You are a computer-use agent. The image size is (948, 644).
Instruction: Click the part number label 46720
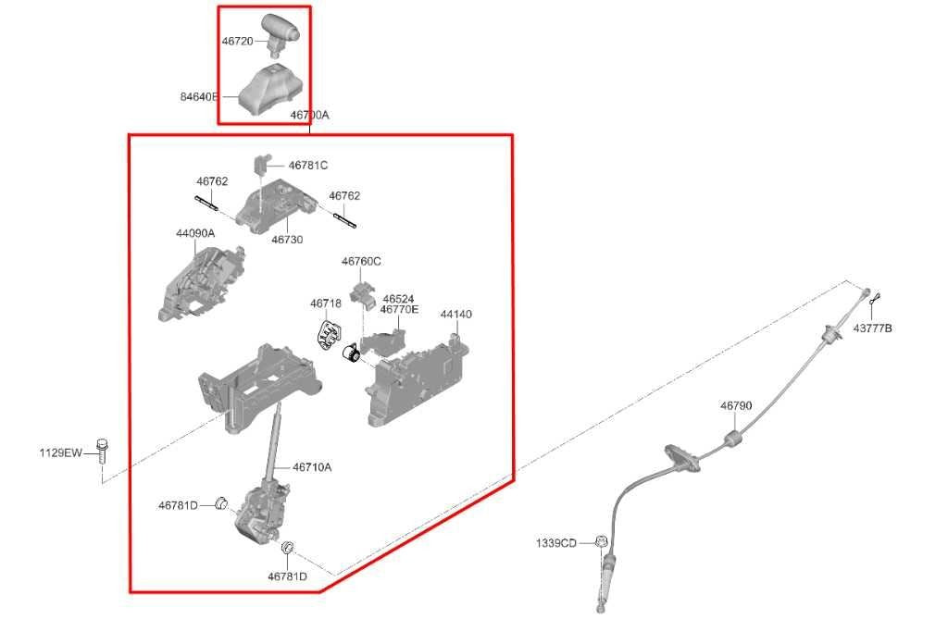click(238, 42)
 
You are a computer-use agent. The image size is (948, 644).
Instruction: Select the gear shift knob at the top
click(280, 32)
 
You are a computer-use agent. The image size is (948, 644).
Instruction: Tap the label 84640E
click(200, 96)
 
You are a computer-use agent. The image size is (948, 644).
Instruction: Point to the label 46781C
click(307, 166)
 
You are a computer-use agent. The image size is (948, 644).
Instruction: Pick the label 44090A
click(195, 233)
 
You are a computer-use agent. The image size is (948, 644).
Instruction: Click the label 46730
click(287, 240)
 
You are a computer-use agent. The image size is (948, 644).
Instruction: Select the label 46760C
click(361, 262)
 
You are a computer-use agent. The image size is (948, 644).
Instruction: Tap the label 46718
click(326, 303)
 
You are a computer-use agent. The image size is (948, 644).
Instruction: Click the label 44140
click(455, 315)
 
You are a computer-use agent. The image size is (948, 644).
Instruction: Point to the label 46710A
click(312, 467)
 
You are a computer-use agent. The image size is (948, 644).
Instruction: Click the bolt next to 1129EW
click(103, 451)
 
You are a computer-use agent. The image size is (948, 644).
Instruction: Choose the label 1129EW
click(60, 452)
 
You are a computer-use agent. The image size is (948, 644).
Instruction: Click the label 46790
click(736, 406)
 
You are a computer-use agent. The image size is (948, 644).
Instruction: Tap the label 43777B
click(872, 328)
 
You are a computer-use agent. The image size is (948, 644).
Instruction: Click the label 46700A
click(309, 115)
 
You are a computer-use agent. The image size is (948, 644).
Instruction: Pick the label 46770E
click(399, 309)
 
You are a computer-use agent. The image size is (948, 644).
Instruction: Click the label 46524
click(398, 299)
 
